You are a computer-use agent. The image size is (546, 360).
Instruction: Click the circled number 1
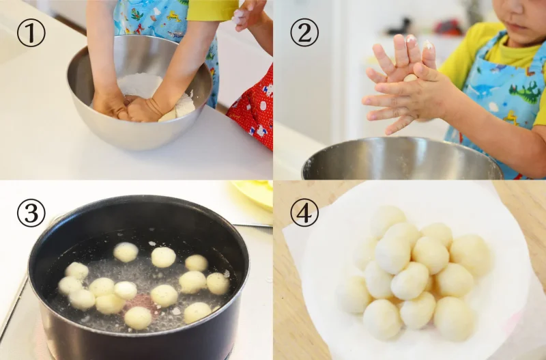click(31, 33)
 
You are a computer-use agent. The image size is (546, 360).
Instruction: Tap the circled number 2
click(304, 33)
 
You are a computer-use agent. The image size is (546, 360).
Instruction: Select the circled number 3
click(31, 213)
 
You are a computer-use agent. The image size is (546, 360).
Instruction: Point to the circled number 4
click(304, 213)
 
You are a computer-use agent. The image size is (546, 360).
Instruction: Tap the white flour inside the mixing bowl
click(139, 85)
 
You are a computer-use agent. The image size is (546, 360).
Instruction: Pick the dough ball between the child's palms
click(410, 78)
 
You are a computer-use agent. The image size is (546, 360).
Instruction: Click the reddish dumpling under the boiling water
click(141, 303)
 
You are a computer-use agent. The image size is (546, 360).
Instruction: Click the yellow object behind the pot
click(254, 193)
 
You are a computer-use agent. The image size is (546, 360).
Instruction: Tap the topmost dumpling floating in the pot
click(126, 252)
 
